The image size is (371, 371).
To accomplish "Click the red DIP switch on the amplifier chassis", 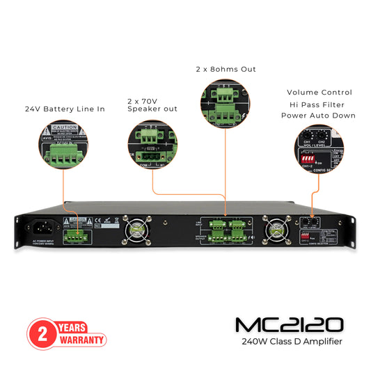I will click(305, 237).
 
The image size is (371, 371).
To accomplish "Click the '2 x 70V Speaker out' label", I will click(152, 104).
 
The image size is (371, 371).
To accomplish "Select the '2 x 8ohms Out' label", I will click(226, 69).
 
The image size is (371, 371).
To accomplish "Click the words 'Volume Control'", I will click(319, 92).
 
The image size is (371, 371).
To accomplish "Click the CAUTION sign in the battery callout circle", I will click(64, 129).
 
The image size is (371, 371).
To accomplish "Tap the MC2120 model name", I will click(288, 325).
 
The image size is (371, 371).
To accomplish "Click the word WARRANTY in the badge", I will click(81, 340).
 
